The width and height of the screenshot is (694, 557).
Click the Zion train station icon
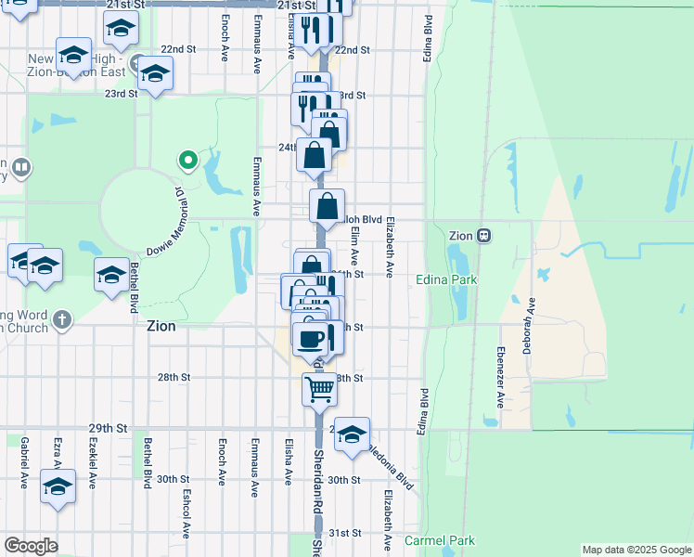click(484, 236)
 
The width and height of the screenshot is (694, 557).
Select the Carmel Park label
click(439, 540)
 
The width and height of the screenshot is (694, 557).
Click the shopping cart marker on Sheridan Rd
click(319, 389)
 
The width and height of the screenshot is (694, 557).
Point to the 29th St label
click(108, 428)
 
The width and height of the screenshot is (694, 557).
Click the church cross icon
click(61, 320)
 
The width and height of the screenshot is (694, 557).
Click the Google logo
click(31, 546)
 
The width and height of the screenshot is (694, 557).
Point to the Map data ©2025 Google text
click(636, 550)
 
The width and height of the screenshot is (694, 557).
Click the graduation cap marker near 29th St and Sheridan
click(351, 434)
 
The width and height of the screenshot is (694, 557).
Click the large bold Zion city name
click(161, 326)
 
